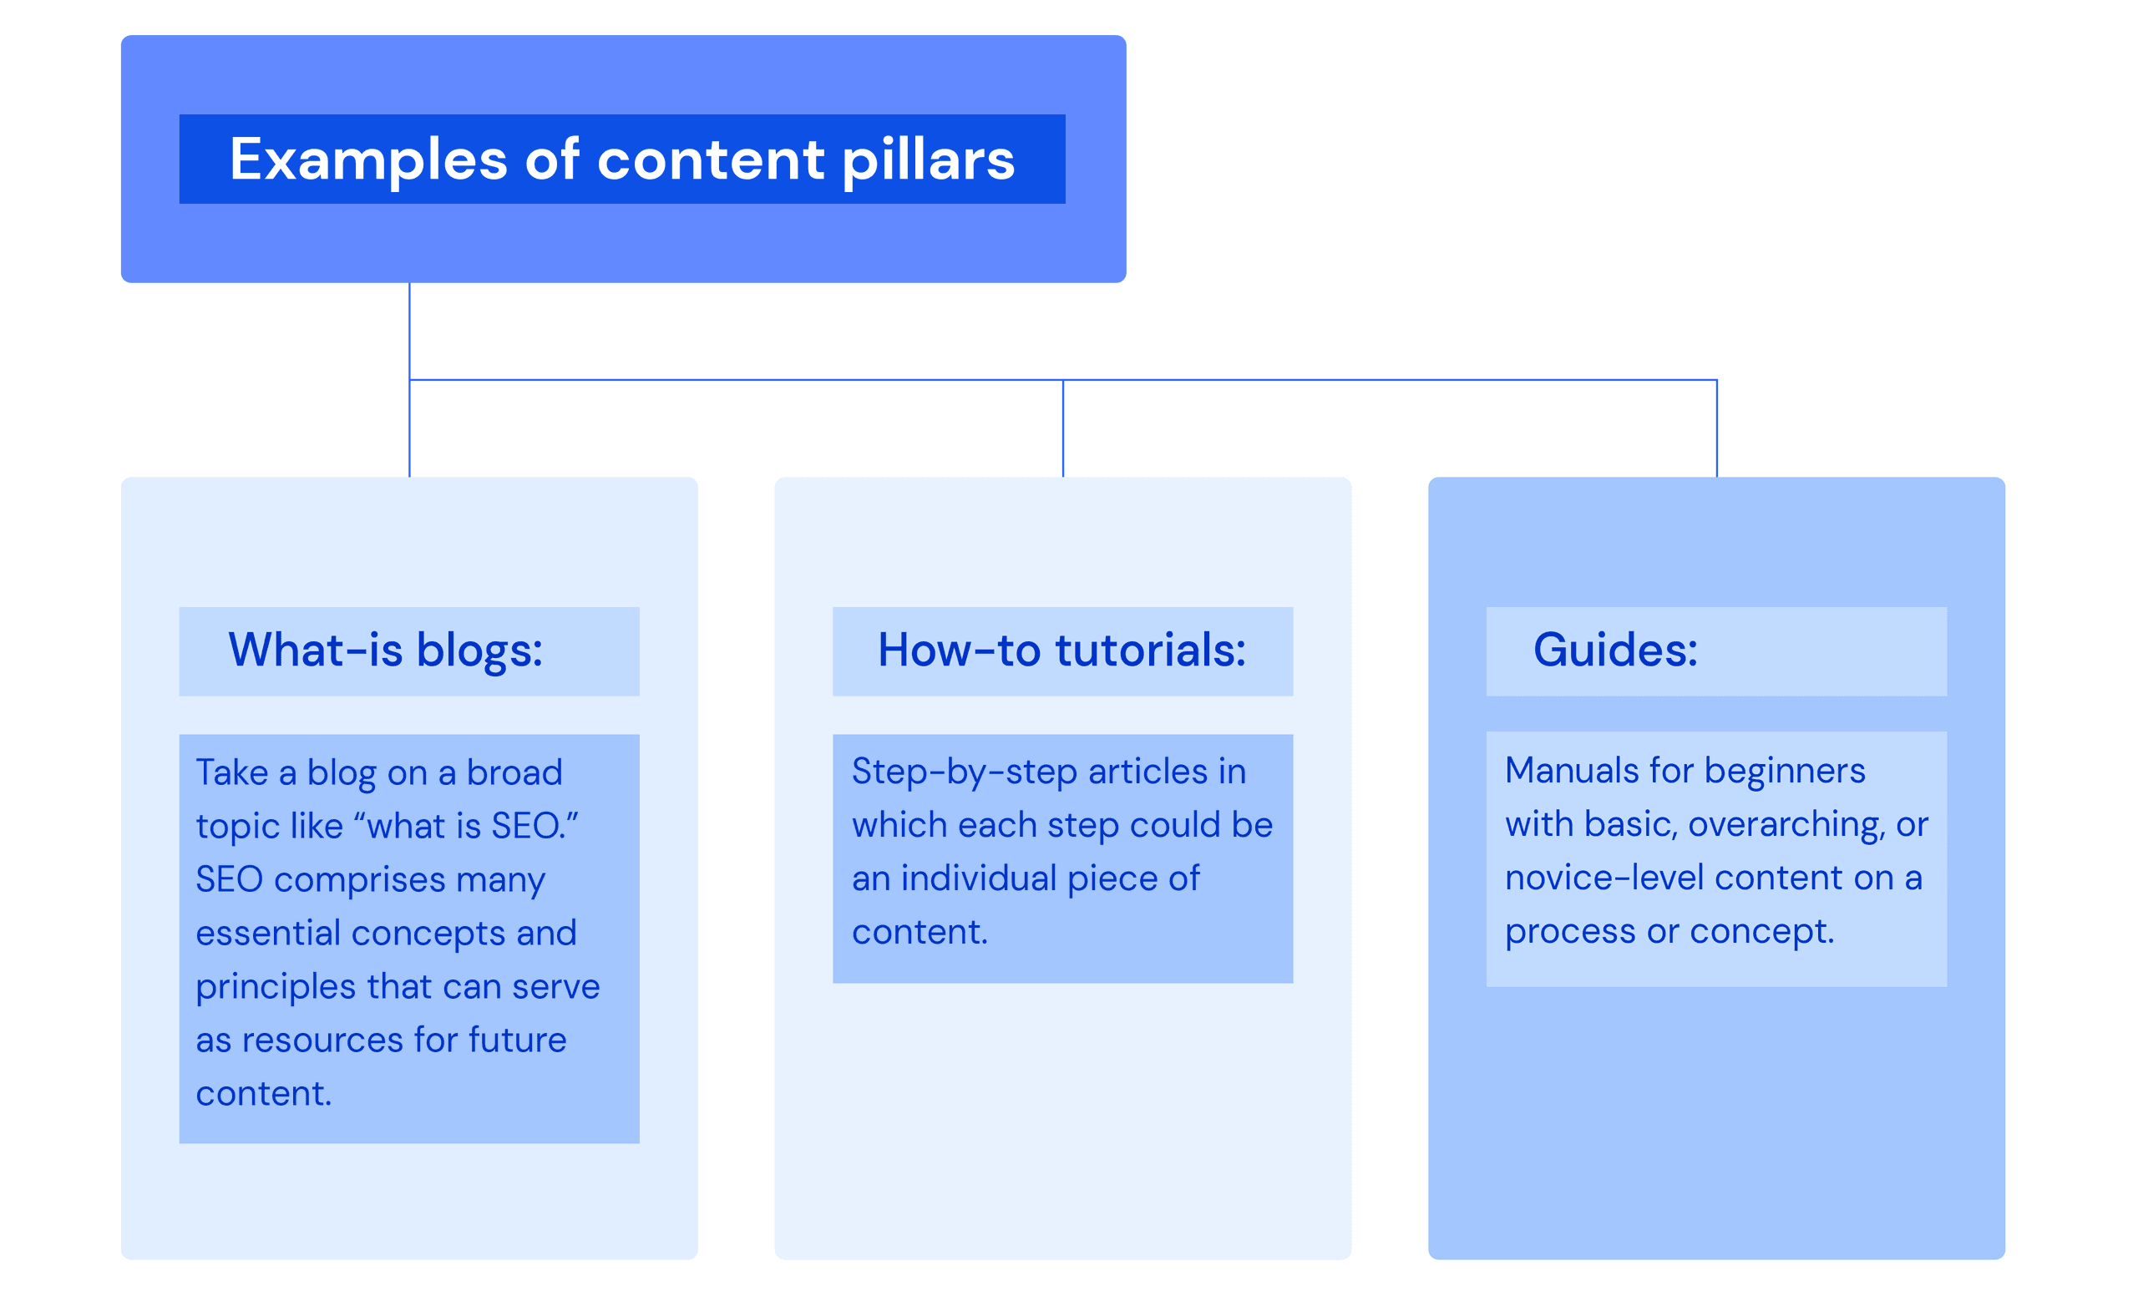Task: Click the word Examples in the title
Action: pos(368,160)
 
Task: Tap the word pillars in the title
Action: pos(928,160)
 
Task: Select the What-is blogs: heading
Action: pos(385,651)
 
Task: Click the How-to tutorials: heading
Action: pos(1061,651)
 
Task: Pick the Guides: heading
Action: pos(1615,651)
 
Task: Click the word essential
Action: pos(267,934)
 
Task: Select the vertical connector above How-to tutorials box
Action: pos(1063,428)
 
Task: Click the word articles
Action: pos(1148,772)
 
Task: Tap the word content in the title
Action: pos(711,160)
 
